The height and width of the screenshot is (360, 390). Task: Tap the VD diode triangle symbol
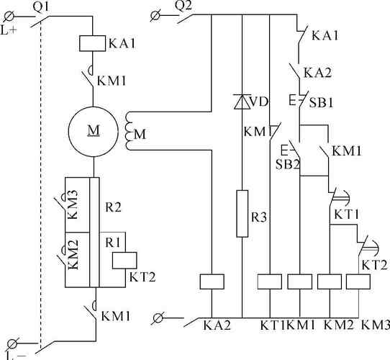[x=242, y=102]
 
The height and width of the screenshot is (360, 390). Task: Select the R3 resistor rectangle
[x=242, y=214]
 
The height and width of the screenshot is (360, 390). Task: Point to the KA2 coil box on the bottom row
[x=212, y=282]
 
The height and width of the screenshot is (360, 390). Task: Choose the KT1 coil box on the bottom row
[x=270, y=282]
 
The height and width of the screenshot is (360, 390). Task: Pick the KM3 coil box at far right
[x=358, y=282]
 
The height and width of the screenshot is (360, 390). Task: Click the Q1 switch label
[x=41, y=7]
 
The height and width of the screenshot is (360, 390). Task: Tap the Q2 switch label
[x=183, y=6]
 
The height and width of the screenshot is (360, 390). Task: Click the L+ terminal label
[x=9, y=30]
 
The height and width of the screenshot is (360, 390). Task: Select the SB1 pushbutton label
[x=321, y=102]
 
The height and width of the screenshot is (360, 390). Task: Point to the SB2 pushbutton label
[x=287, y=164]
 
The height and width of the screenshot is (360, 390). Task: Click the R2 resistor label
[x=113, y=207]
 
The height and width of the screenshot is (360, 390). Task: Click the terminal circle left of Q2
[x=155, y=15]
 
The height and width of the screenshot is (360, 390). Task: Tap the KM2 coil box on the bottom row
[x=330, y=282]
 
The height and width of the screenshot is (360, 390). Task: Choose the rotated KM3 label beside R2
[x=73, y=204]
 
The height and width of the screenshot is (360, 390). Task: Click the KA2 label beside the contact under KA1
[x=317, y=73]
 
